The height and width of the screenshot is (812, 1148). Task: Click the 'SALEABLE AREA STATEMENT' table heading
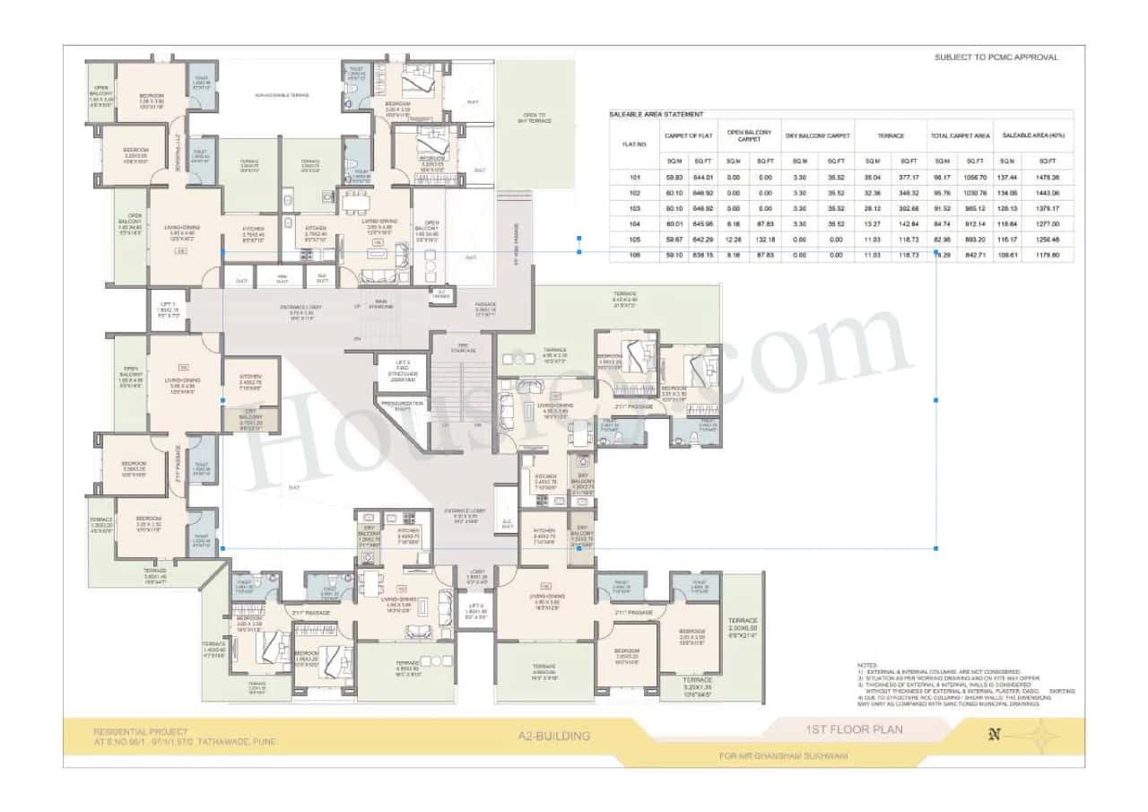[657, 115]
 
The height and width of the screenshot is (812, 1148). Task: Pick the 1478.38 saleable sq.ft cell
[1048, 178]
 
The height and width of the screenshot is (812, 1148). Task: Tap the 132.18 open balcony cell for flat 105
[765, 240]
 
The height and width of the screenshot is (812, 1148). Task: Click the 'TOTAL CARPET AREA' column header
[960, 136]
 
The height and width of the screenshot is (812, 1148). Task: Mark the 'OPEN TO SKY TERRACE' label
[535, 118]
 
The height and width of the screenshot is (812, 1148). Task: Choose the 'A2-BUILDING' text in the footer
[554, 736]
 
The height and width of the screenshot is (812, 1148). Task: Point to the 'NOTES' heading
[867, 665]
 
